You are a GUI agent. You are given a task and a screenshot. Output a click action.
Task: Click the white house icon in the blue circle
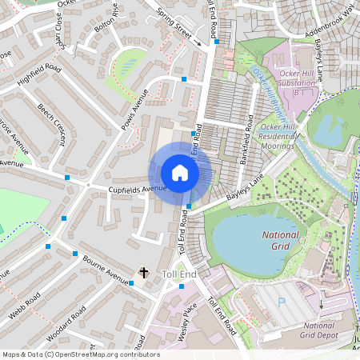[180, 173]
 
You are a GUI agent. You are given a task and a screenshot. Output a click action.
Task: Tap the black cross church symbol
[144, 273]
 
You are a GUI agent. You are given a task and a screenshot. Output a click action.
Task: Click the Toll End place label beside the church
[178, 274]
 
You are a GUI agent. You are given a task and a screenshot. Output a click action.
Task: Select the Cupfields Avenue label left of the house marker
[137, 189]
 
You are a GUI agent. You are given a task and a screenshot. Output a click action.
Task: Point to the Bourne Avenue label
[106, 271]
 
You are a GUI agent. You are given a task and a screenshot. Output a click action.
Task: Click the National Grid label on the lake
[280, 242]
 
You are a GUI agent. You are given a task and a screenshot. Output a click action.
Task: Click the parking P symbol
[281, 302]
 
